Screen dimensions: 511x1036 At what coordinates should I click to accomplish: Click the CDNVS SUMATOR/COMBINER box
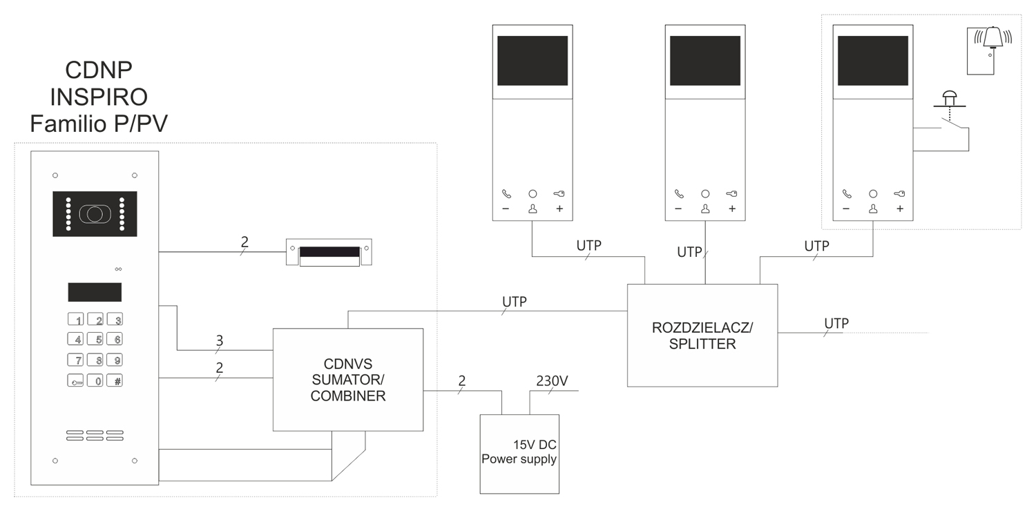pos(347,379)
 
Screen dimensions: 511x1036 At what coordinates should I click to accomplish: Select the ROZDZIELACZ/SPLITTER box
pos(702,335)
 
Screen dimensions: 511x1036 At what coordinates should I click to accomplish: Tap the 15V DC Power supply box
pos(519,453)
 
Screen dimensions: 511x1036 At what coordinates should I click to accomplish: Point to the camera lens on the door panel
pos(95,213)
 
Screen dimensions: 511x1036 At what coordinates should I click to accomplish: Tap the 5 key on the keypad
pos(99,339)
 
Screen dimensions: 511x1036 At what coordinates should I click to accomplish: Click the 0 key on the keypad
pos(99,380)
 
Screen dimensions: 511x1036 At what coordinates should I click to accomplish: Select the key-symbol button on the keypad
pos(75,380)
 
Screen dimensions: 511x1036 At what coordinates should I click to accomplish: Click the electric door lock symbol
pos(329,253)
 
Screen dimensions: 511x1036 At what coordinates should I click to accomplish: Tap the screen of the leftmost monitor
pos(533,61)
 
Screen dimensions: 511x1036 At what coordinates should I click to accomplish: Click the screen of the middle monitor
pos(705,61)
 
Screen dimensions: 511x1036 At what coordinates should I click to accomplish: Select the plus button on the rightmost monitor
pos(899,209)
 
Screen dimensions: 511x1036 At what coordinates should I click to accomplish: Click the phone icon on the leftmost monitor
pos(506,195)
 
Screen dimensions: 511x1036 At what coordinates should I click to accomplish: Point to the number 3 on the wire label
pos(220,340)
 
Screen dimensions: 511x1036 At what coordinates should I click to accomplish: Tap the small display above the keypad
pos(95,292)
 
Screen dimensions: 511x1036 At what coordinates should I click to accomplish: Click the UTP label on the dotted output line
pos(836,322)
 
